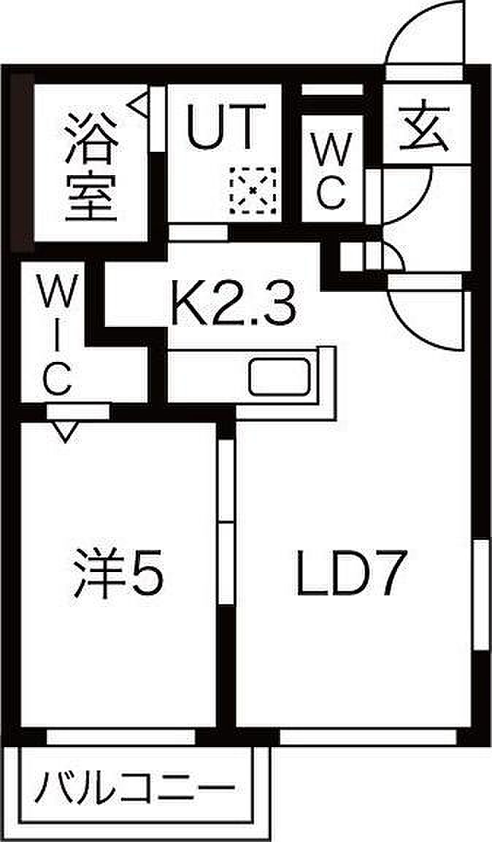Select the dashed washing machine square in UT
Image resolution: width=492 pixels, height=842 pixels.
(253, 190)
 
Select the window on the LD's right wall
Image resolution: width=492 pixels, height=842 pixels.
(480, 595)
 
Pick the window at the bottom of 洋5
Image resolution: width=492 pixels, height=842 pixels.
(120, 736)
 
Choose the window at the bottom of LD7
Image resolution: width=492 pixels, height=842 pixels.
(368, 736)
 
